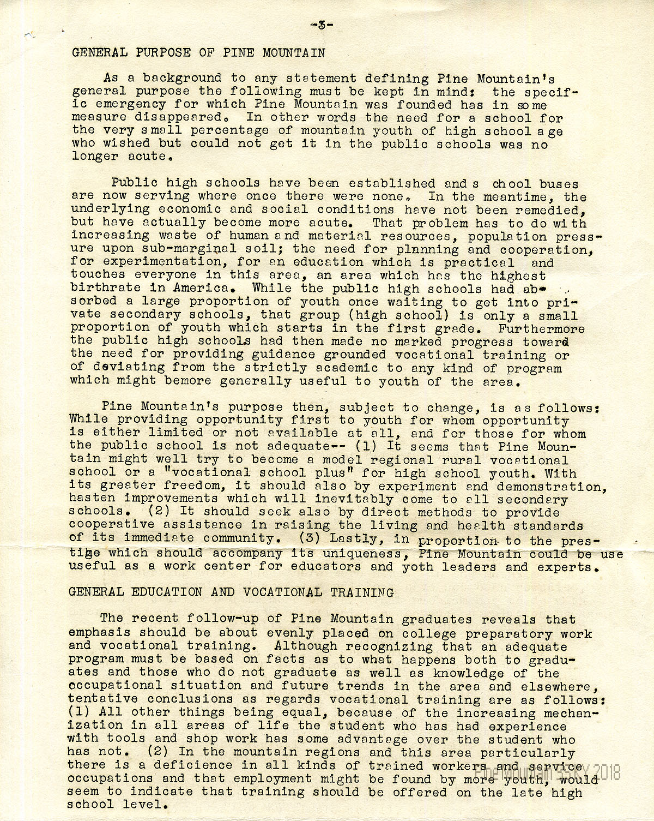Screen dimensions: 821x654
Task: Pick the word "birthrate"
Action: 102,288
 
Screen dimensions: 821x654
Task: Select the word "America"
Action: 200,288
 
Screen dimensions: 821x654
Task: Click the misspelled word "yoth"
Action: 417,567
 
